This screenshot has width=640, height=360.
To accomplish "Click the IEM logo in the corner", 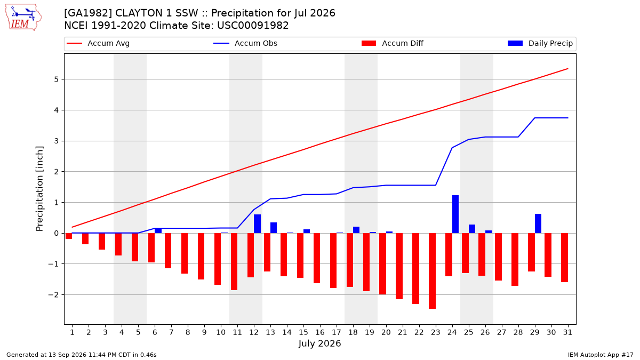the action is (x=23, y=18).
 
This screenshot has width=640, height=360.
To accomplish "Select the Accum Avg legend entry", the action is (x=98, y=43).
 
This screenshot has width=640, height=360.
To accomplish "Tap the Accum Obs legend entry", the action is (x=245, y=43).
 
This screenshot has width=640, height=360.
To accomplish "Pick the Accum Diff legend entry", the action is (x=393, y=43).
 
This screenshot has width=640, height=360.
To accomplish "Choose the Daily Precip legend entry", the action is (x=540, y=43).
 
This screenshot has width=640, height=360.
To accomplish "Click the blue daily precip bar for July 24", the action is (x=455, y=214).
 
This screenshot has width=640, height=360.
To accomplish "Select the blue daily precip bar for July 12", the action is (x=257, y=224).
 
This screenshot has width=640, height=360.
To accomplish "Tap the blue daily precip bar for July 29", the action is (x=538, y=223).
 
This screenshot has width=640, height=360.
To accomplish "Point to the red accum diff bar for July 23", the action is (x=433, y=271).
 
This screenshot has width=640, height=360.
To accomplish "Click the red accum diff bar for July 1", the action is (x=69, y=236).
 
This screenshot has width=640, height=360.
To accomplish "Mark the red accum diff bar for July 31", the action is (x=565, y=258).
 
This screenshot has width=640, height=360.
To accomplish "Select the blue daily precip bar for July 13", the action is (x=274, y=228).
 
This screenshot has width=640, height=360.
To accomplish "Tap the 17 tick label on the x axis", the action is (x=337, y=332).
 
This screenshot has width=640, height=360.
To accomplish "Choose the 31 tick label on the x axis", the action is (x=567, y=332).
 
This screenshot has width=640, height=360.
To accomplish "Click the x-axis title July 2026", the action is (x=319, y=343).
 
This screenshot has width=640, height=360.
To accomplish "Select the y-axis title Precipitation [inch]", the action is (x=39, y=189).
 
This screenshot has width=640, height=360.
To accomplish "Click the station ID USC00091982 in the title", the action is (x=253, y=26).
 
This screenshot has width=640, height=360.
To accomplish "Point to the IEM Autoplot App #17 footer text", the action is (x=601, y=355).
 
